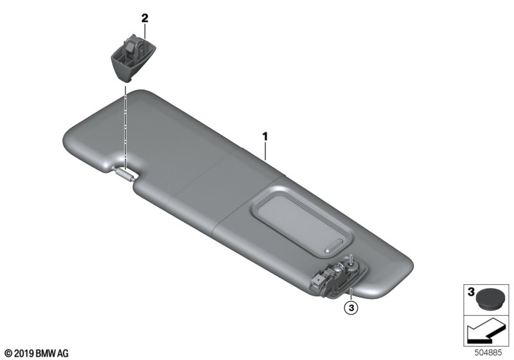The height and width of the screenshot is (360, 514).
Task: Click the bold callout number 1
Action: [265, 136]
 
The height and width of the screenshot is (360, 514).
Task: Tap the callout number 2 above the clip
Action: [145, 18]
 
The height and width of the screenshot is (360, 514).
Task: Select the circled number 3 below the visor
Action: [351, 308]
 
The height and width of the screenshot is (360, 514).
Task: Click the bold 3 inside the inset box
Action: [471, 291]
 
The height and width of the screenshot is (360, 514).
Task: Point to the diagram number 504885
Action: [488, 353]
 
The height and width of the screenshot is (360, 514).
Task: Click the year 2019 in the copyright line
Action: [24, 354]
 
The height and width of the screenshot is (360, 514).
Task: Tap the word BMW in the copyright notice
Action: [46, 354]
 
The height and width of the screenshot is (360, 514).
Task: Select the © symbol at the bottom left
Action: [8, 354]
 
